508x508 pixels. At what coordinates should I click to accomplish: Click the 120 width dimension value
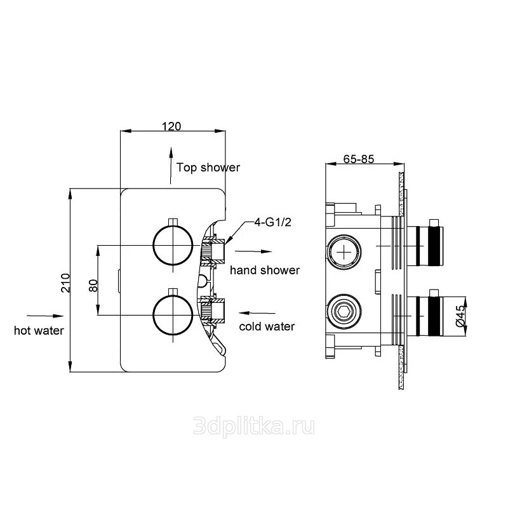tap(171, 126)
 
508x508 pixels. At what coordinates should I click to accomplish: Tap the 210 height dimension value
tap(66, 283)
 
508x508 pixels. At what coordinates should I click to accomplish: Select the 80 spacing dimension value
tap(93, 285)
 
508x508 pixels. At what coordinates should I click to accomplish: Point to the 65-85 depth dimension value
tap(359, 159)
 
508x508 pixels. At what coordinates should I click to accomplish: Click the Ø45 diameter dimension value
tap(460, 316)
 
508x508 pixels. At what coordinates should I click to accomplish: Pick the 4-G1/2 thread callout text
tap(272, 222)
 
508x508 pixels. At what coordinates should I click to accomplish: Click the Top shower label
tap(208, 168)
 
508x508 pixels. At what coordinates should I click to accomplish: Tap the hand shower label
tap(265, 271)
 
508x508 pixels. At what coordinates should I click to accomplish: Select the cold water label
tap(267, 326)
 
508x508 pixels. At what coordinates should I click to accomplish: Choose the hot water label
tap(39, 330)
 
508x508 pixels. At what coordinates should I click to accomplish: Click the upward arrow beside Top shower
tap(171, 166)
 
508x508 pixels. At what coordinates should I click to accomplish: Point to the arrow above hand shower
tap(253, 251)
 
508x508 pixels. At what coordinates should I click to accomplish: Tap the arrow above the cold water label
tap(257, 313)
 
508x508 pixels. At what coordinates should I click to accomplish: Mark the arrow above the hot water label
tap(44, 316)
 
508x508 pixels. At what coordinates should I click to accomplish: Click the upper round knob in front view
tap(173, 245)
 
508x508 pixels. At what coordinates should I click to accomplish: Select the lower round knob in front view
tap(173, 314)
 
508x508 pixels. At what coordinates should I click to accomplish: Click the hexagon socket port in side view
tap(344, 312)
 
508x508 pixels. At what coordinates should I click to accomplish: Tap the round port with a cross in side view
tap(344, 252)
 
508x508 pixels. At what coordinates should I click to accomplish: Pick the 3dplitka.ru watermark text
tap(253, 427)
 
